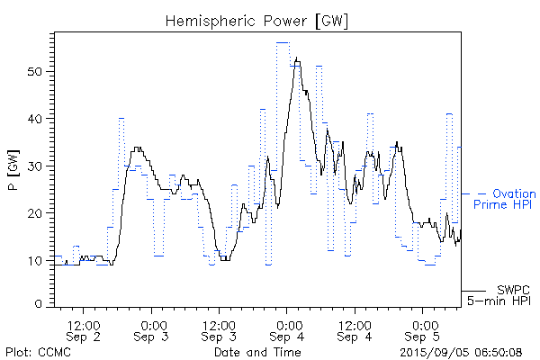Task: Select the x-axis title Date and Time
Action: click(x=256, y=351)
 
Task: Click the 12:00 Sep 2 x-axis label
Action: click(x=84, y=329)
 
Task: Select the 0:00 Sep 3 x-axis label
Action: click(x=152, y=329)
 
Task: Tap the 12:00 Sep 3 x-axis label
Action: click(x=220, y=329)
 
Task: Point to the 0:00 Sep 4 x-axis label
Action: click(x=288, y=329)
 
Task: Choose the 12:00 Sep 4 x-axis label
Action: click(x=355, y=329)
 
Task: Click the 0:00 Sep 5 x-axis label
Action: click(x=423, y=329)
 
